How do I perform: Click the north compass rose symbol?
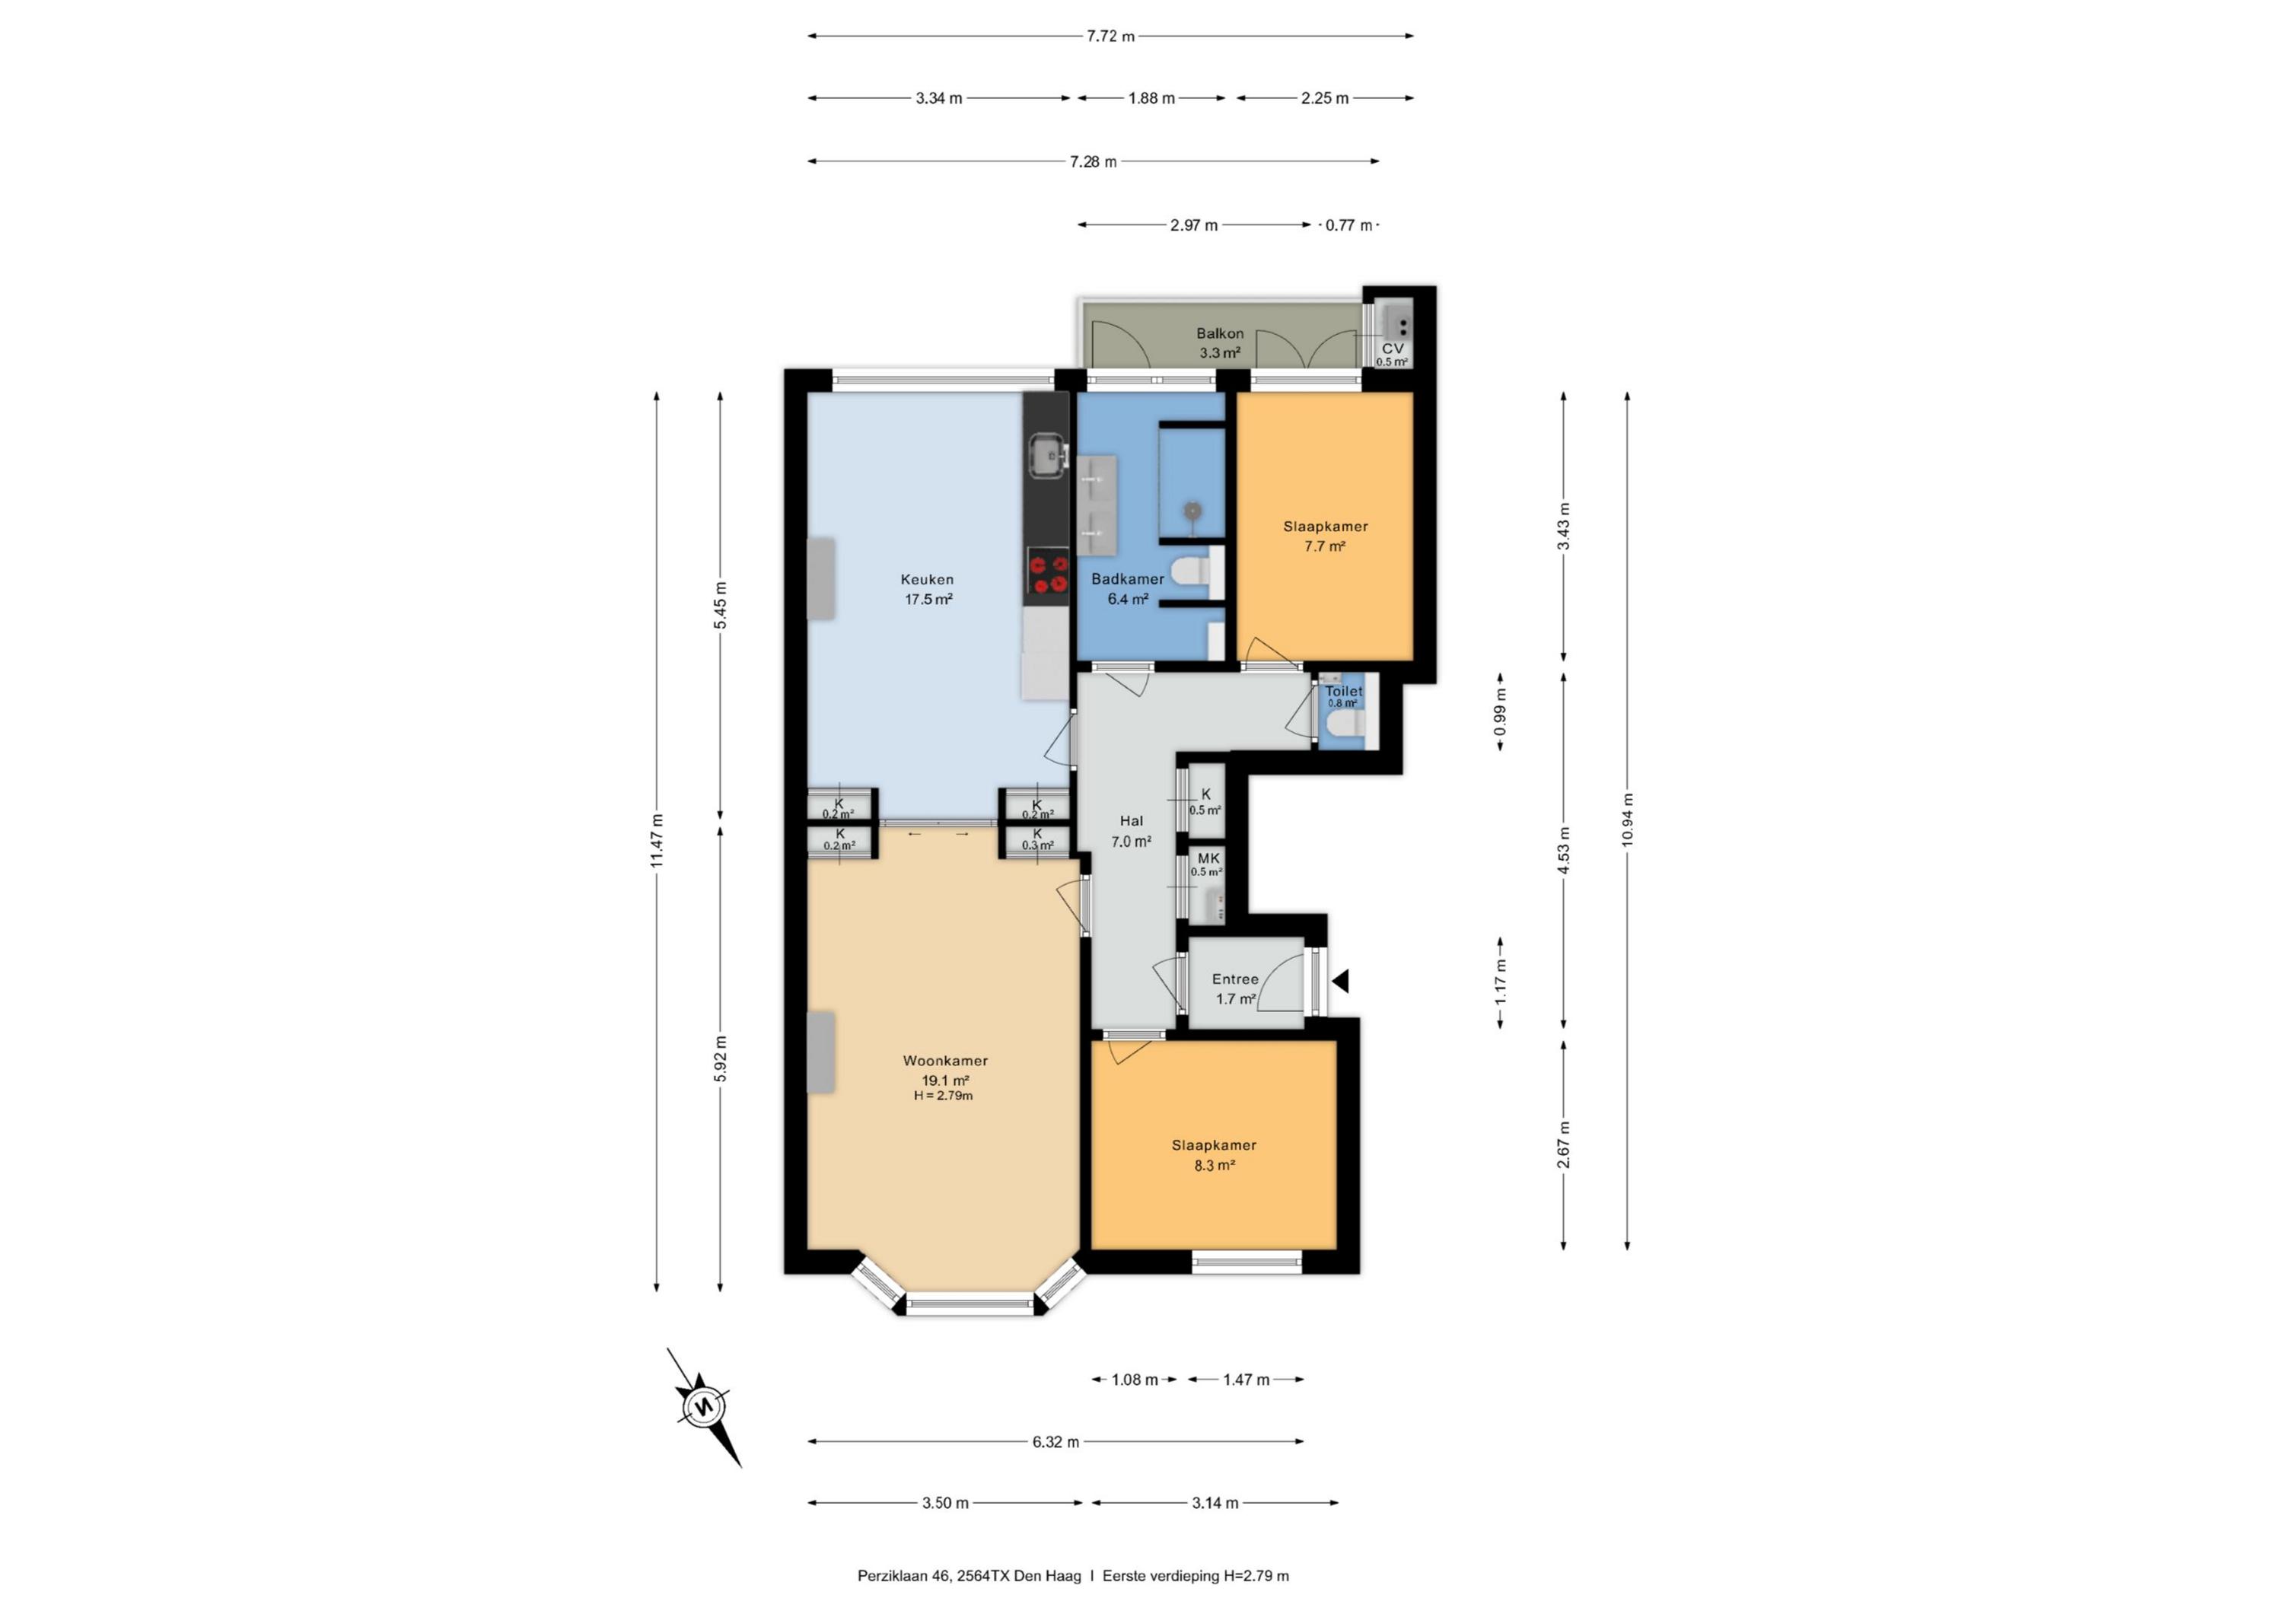click(x=704, y=1407)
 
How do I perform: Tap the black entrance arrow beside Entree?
click(x=1340, y=982)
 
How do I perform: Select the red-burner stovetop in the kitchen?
click(x=1047, y=575)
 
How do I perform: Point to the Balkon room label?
click(x=1219, y=333)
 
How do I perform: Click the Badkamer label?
click(x=1128, y=579)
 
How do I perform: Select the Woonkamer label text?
click(x=944, y=1060)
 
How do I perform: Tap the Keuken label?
click(x=927, y=579)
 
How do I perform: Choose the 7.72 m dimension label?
click(x=1110, y=36)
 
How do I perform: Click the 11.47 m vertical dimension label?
click(x=656, y=840)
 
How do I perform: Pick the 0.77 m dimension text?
click(x=1348, y=224)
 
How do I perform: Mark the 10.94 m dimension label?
click(x=1627, y=820)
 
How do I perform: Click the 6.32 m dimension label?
click(x=1055, y=1441)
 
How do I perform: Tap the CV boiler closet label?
click(x=1392, y=348)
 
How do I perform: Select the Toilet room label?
click(x=1343, y=690)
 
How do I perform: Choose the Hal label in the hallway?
click(x=1132, y=820)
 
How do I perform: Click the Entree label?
click(x=1235, y=979)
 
